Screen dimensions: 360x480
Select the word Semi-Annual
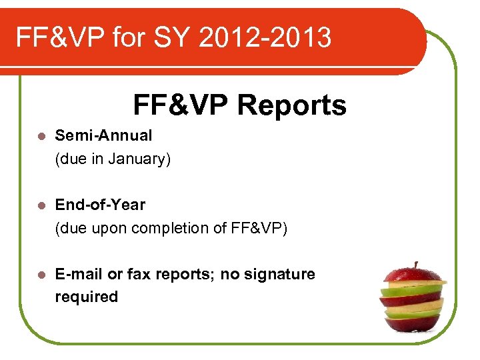click(103, 135)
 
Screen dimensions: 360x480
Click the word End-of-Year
click(100, 205)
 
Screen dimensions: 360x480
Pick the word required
click(86, 297)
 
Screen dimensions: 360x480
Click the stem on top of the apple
click(416, 265)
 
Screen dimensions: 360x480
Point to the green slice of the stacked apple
click(414, 291)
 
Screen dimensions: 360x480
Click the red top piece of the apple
click(413, 275)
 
